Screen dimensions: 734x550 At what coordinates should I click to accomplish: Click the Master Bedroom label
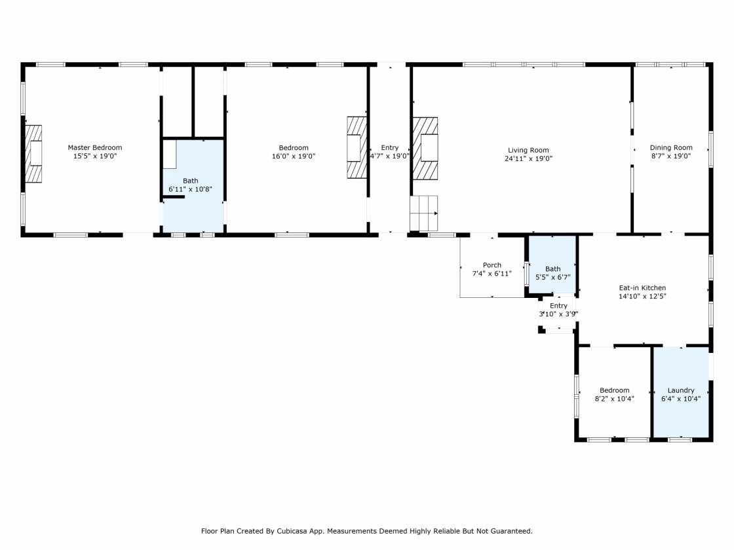tap(94, 147)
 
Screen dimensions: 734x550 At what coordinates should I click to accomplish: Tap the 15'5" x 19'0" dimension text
tap(94, 156)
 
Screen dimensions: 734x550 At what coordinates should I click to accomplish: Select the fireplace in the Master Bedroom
tap(33, 154)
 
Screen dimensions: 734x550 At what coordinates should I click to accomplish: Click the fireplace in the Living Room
tap(425, 148)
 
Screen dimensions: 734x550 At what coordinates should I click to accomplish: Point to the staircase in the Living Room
tap(423, 213)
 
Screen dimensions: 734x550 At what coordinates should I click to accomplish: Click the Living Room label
tap(528, 150)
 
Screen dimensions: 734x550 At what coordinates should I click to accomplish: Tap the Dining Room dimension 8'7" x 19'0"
tap(671, 156)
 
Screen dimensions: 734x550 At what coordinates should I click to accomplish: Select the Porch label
tap(492, 265)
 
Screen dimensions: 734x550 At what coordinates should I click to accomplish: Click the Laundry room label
tap(681, 390)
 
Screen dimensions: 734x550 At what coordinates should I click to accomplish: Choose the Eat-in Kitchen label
tap(642, 287)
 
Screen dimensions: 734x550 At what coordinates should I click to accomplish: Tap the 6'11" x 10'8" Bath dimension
tap(191, 189)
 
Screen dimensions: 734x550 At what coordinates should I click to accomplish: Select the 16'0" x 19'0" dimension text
tap(294, 156)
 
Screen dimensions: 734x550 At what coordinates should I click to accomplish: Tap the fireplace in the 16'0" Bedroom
tap(357, 147)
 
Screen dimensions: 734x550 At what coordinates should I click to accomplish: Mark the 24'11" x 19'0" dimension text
tap(528, 158)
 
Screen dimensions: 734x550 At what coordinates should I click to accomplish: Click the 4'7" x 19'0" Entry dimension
tap(389, 156)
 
